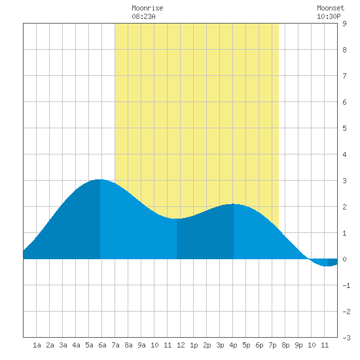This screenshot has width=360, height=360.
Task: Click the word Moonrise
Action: (147, 8)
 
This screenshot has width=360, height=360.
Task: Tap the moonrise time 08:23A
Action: (143, 16)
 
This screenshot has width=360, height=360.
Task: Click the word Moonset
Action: (331, 8)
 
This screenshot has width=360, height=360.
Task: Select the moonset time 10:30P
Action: (329, 16)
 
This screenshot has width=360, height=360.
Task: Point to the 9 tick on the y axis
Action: (344, 24)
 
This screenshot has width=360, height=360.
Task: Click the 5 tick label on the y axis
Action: (344, 128)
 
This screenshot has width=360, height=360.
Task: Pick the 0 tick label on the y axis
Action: (344, 259)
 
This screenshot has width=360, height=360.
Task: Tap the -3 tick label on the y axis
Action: (346, 338)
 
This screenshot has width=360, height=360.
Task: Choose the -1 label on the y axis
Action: (346, 285)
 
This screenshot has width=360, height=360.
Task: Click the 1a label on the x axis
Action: (37, 345)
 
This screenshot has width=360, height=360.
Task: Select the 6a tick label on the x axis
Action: (102, 345)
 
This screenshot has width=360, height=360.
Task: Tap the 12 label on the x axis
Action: (181, 345)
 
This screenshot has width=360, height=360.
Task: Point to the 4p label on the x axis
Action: (233, 345)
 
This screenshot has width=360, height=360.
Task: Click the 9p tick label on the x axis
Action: (298, 345)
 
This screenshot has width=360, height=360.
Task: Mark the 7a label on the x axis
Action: (115, 345)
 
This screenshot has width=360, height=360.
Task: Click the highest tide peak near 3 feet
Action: (99, 180)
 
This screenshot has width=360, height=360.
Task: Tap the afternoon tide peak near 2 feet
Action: (233, 204)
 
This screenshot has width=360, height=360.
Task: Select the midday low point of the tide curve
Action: (176, 219)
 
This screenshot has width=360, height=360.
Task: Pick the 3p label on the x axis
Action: (220, 345)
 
